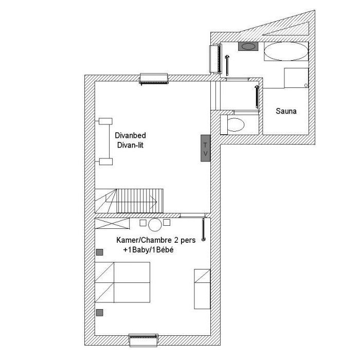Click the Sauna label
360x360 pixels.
pos(286,111)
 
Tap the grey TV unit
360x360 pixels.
pos(206,148)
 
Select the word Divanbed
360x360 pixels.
pos(130,135)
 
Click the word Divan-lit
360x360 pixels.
pos(130,145)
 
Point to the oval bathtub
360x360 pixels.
pos(286,51)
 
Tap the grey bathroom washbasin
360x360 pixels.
pos(248,46)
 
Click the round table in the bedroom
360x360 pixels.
pos(155,225)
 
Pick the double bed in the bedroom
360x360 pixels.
pos(122,282)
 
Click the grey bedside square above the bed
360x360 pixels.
pos(99,252)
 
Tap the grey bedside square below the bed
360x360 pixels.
pos(99,313)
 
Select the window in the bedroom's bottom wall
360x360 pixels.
pos(143,340)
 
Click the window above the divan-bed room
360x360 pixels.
pos(154,79)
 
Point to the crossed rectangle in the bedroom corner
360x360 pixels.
pos(112,223)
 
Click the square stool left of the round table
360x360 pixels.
pos(143,223)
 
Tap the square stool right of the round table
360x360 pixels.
pos(167,222)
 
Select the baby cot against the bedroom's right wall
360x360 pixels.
pos(202,289)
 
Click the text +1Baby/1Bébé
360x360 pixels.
pos(148,250)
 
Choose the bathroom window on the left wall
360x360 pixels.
pos(216,59)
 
